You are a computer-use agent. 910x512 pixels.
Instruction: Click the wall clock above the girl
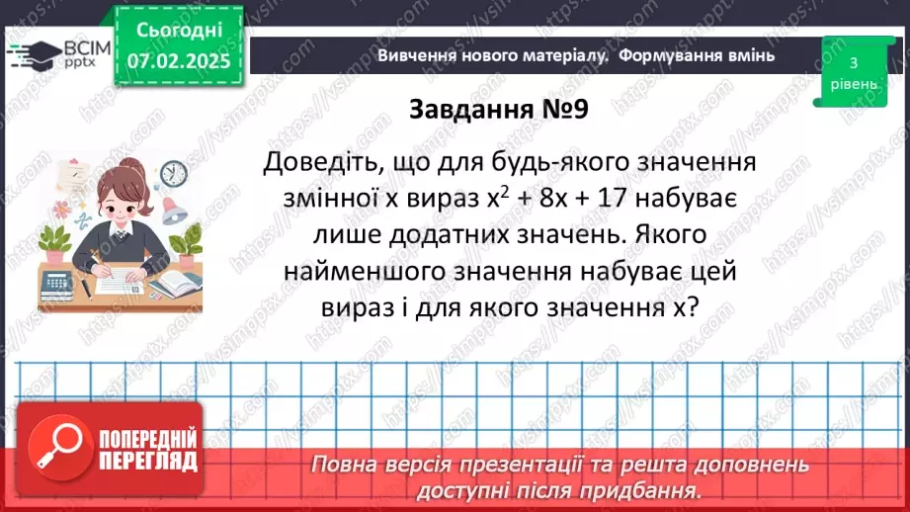pyautogui.click(x=173, y=173)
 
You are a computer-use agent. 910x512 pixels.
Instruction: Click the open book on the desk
pyautogui.click(x=175, y=287)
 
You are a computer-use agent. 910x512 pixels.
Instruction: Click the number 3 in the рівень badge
pyautogui.click(x=852, y=62)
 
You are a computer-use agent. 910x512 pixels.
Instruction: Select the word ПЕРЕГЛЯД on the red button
pyautogui.click(x=147, y=461)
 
